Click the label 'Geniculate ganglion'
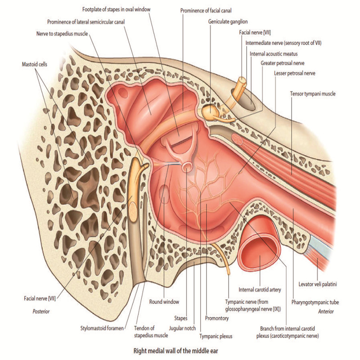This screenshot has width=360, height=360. pos(228,21)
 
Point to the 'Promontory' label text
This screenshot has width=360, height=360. pos(216,318)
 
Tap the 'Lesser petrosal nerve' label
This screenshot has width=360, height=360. pos(294,73)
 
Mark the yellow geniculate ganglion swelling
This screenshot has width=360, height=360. pos(209,111)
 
